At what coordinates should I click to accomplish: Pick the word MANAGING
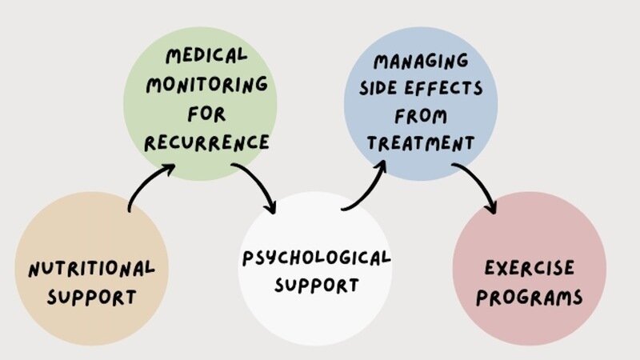420,60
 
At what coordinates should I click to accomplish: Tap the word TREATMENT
420,144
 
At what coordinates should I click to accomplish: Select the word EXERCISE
529,268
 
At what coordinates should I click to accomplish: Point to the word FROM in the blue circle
420,116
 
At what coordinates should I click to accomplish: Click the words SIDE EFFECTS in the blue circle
420,88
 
